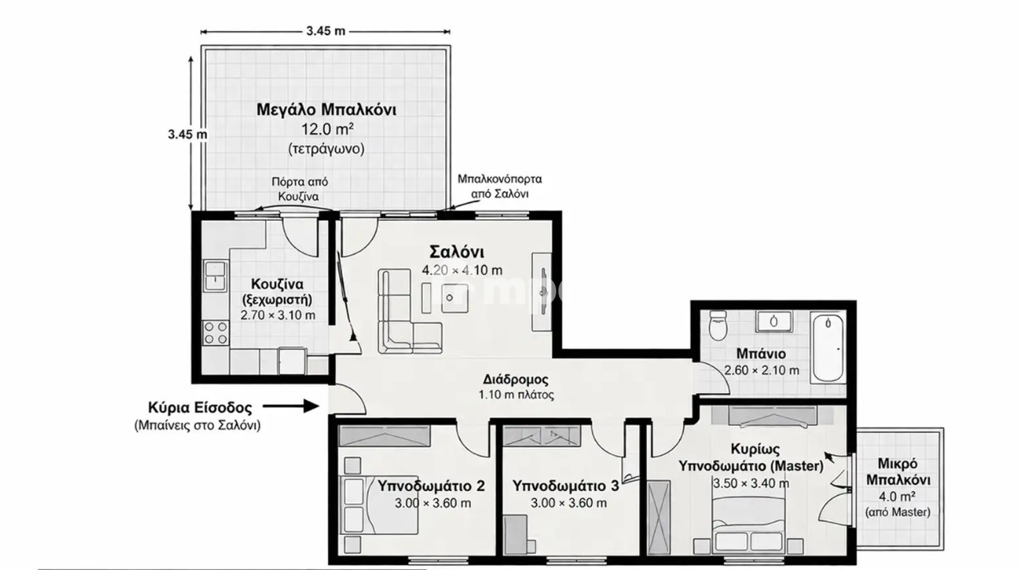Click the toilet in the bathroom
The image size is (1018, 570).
[718, 325]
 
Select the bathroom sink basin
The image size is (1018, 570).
[774, 321]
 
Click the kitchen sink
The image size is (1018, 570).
[215, 276]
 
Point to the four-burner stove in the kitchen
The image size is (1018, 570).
[215, 333]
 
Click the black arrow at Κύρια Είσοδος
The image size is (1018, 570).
[291, 406]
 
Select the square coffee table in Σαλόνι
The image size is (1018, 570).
[455, 298]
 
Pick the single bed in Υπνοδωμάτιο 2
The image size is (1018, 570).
[380, 505]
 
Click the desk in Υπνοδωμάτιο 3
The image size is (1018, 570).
[516, 534]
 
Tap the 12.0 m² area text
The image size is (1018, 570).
[327, 129]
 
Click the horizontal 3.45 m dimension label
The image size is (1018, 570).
[326, 31]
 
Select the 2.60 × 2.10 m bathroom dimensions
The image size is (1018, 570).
[761, 370]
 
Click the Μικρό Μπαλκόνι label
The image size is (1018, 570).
[898, 471]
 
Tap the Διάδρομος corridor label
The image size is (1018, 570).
[516, 379]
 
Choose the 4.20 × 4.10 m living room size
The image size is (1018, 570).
[462, 270]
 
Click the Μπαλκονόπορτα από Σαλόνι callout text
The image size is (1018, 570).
[499, 187]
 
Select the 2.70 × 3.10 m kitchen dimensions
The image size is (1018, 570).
[278, 315]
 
